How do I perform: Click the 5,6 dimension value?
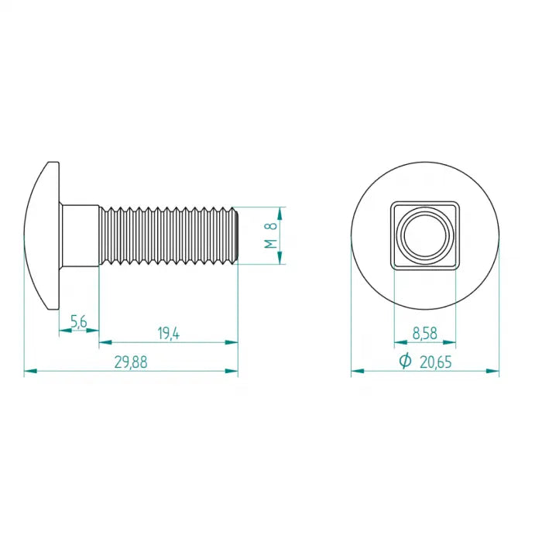[x=79, y=321]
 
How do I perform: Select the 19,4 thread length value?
[x=169, y=334]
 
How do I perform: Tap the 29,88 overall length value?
[x=131, y=362]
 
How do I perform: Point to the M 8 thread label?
[x=271, y=235]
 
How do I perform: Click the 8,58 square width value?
[x=425, y=334]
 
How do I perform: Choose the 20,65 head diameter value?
[x=435, y=362]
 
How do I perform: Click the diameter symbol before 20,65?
[x=405, y=361]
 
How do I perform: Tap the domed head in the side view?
[x=42, y=235]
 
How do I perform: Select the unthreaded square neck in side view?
[x=79, y=235]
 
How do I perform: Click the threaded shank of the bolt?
[x=169, y=235]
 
